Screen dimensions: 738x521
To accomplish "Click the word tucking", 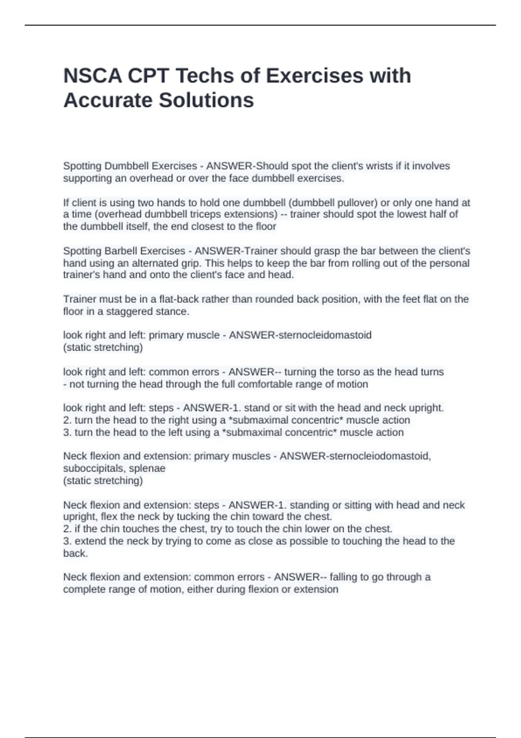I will (193, 517).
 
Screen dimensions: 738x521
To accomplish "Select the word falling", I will (343, 577).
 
